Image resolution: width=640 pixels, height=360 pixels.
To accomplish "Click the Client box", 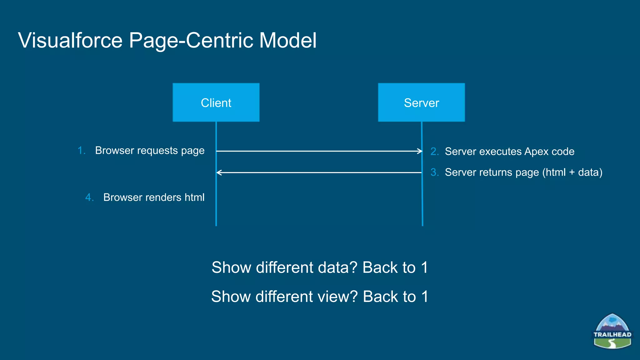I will (x=216, y=102).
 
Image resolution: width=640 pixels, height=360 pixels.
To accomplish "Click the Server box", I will (x=421, y=102).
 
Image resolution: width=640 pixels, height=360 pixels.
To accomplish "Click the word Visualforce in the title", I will (x=70, y=41).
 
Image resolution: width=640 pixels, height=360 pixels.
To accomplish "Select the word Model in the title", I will (x=288, y=41).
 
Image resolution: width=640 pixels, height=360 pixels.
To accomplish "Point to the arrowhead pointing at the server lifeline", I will (x=420, y=151).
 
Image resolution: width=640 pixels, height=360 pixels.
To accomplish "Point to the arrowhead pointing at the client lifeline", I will (x=218, y=172).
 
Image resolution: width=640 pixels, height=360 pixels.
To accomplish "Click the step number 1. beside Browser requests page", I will (x=81, y=151).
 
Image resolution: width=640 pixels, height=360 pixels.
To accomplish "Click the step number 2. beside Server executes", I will (x=434, y=152).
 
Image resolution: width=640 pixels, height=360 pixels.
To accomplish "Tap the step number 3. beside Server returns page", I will (x=434, y=172).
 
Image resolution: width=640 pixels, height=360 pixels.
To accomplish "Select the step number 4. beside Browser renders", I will (x=89, y=197).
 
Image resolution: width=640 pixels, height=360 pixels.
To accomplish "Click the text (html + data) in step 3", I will (x=572, y=172).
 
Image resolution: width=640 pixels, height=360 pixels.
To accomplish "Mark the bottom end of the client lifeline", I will (x=216, y=225).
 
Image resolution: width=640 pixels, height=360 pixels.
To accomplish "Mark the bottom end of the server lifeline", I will (x=422, y=225).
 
